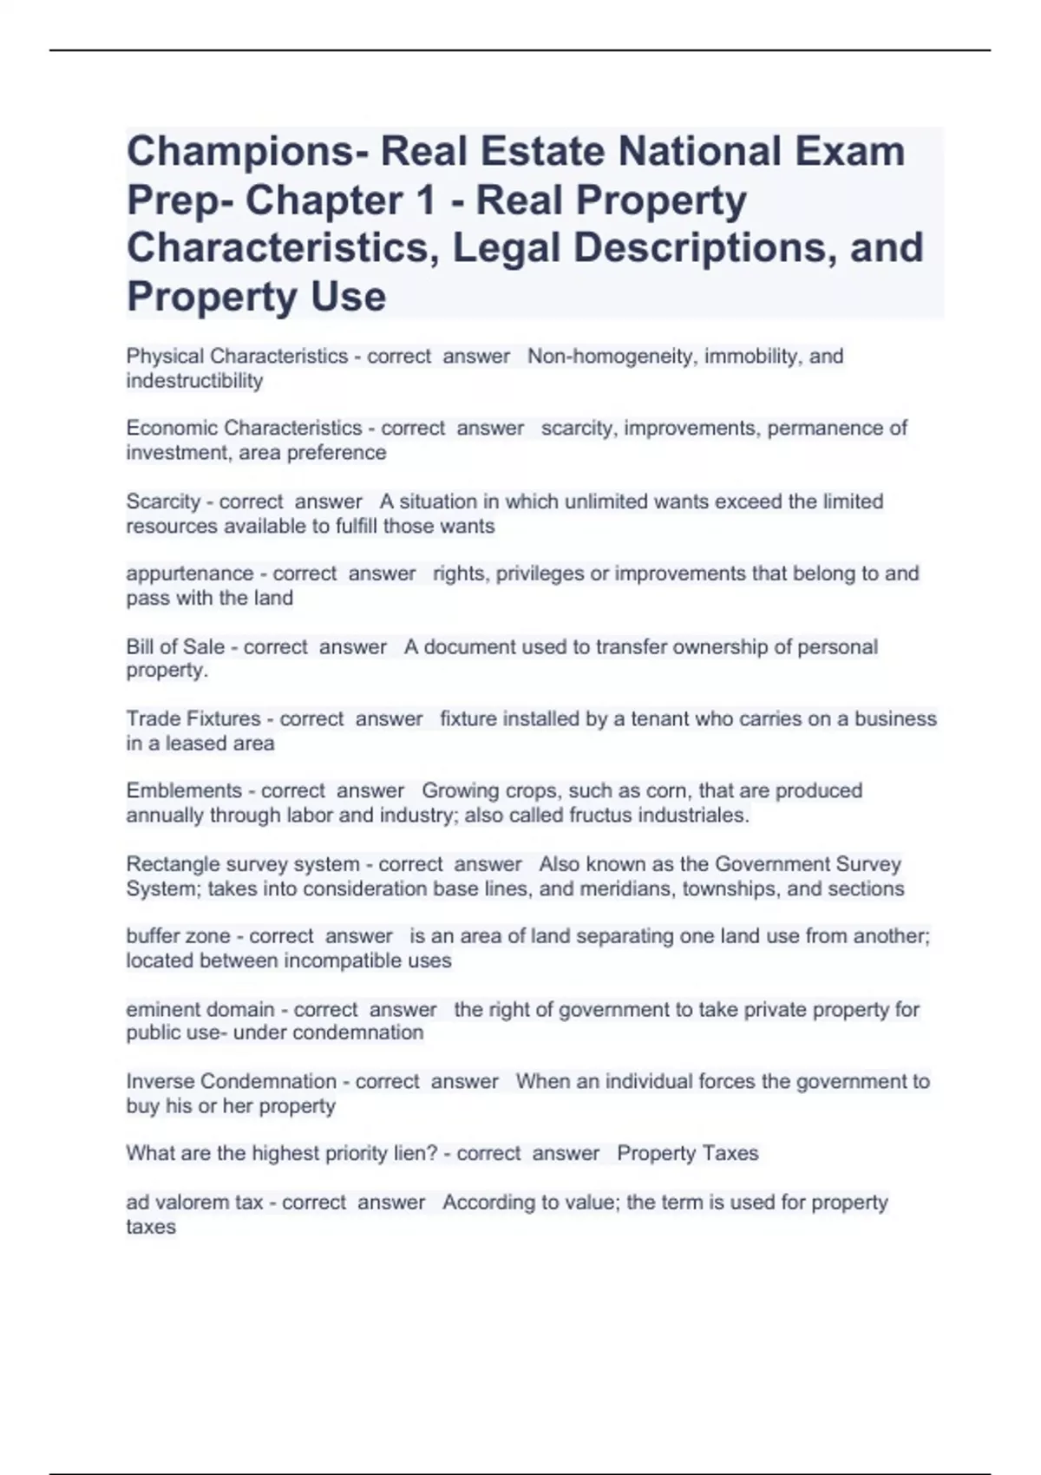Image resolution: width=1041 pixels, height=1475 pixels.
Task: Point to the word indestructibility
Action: [x=194, y=381]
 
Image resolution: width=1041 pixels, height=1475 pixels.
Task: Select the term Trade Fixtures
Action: [x=193, y=718]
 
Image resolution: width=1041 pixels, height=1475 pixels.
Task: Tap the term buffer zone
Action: [x=179, y=936]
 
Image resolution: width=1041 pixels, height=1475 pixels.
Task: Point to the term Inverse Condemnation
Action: [x=231, y=1081]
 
